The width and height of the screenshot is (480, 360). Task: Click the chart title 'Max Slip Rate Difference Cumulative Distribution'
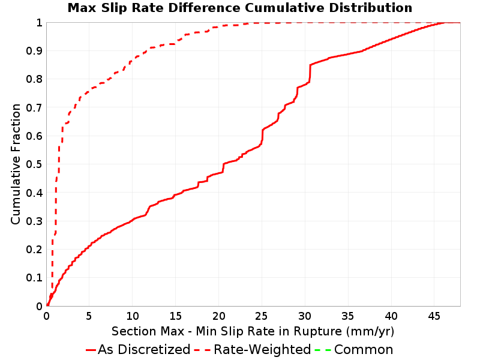click(x=239, y=8)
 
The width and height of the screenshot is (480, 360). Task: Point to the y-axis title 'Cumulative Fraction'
click(x=16, y=164)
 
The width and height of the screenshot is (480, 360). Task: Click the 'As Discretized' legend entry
click(x=138, y=349)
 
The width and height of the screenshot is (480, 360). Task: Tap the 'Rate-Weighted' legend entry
click(x=253, y=349)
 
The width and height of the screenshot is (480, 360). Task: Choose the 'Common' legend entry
click(x=354, y=349)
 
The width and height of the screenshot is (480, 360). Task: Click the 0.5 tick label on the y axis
click(x=34, y=164)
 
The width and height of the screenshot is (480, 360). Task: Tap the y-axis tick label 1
click(x=39, y=23)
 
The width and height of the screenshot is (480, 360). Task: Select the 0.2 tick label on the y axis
click(x=34, y=250)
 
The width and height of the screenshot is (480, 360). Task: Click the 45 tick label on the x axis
click(x=434, y=316)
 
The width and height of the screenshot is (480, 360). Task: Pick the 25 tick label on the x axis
click(x=262, y=316)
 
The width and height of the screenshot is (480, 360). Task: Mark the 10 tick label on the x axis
click(x=132, y=316)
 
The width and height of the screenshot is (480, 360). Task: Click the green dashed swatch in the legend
click(x=323, y=350)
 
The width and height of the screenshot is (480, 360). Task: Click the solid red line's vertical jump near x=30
click(x=310, y=73)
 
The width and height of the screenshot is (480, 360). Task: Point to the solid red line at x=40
click(x=391, y=40)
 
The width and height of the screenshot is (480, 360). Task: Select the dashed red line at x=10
click(x=132, y=61)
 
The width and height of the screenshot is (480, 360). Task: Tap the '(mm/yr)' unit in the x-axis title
click(x=370, y=331)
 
